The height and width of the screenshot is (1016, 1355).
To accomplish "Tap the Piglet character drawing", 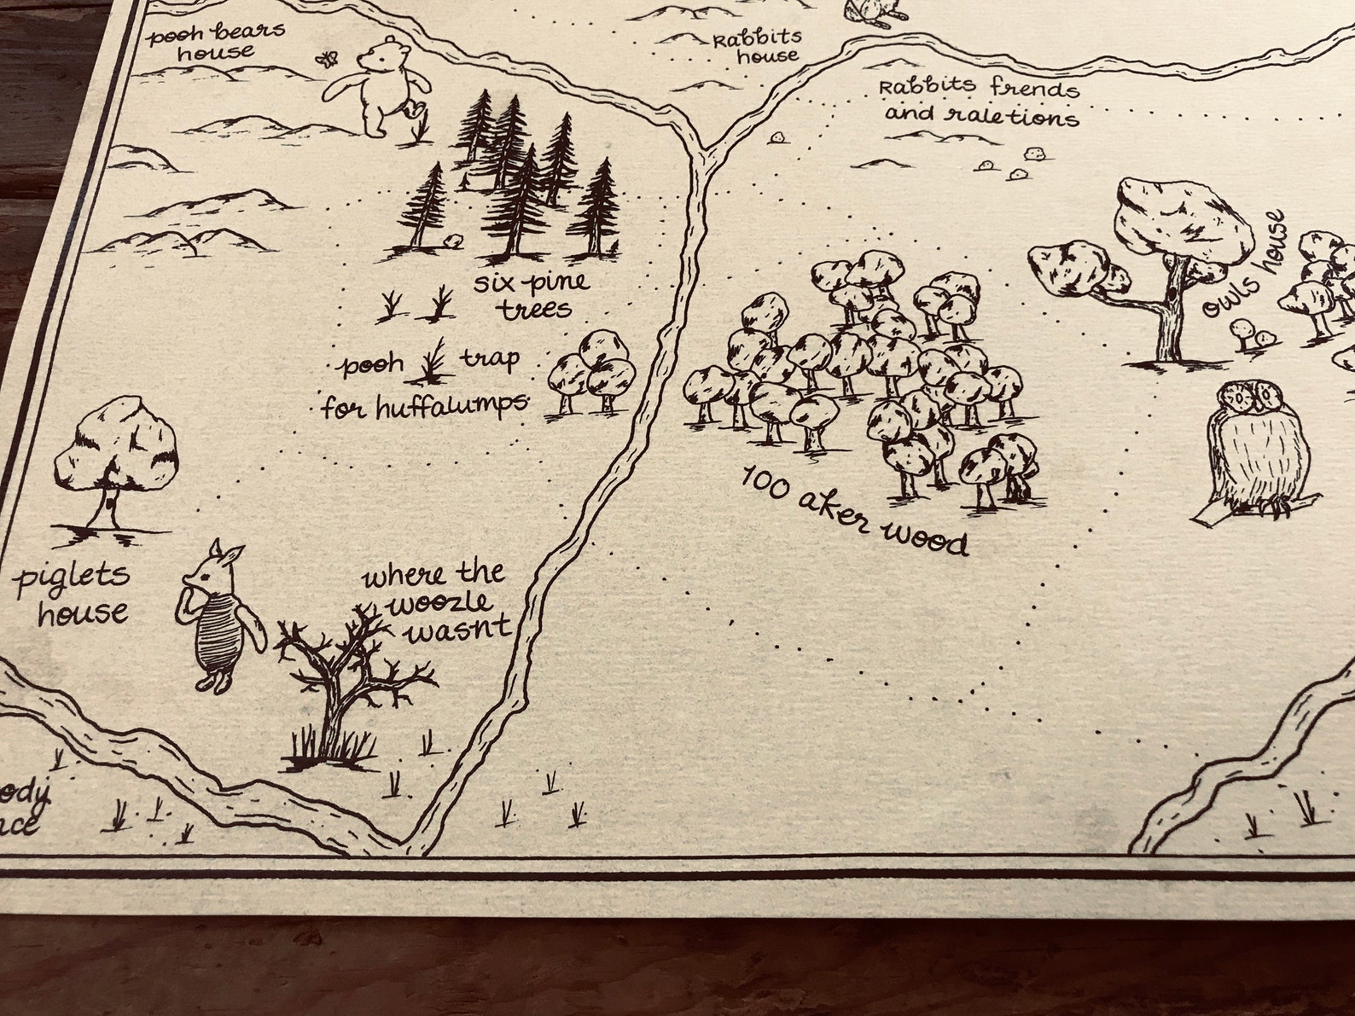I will (x=218, y=615).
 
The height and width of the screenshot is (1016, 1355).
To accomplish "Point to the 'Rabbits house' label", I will (x=757, y=47).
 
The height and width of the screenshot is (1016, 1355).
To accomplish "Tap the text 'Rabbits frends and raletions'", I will (x=980, y=101).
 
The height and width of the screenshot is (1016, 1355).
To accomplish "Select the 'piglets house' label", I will (x=75, y=594).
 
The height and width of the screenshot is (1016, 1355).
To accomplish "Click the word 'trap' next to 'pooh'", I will (x=490, y=359).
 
